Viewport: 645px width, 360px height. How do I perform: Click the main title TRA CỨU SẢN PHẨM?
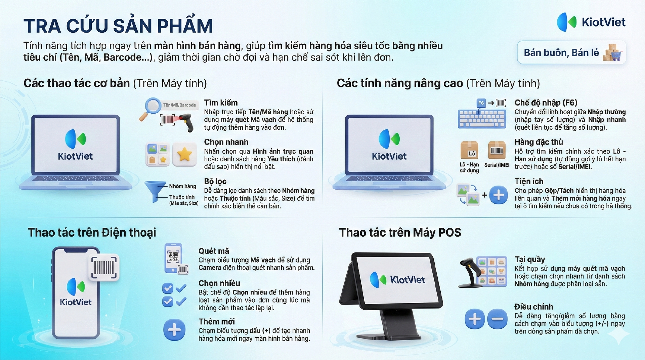(x=118, y=26)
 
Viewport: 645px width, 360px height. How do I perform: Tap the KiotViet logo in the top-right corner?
(x=591, y=22)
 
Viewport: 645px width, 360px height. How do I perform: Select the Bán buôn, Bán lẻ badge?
(x=572, y=52)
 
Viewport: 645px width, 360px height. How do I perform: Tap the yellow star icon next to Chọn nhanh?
(x=184, y=155)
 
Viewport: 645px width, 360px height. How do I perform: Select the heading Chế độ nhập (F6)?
(x=546, y=103)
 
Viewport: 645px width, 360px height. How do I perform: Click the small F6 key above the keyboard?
(x=481, y=103)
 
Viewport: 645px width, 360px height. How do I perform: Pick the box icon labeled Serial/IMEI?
(x=497, y=150)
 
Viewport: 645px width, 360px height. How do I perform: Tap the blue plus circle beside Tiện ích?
(x=499, y=195)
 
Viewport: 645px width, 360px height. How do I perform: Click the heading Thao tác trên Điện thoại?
(x=92, y=233)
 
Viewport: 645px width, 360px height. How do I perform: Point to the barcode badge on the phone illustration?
(x=104, y=268)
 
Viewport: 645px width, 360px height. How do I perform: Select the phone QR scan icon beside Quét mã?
(x=176, y=258)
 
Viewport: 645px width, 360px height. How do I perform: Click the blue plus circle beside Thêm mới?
(x=174, y=330)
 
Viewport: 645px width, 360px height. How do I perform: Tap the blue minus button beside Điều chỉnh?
(x=497, y=319)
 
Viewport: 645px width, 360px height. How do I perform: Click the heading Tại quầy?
(x=530, y=259)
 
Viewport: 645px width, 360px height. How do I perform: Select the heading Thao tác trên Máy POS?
(x=400, y=233)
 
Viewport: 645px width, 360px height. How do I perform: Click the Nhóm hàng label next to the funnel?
(x=182, y=186)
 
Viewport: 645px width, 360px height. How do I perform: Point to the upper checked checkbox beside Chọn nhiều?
(x=168, y=288)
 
